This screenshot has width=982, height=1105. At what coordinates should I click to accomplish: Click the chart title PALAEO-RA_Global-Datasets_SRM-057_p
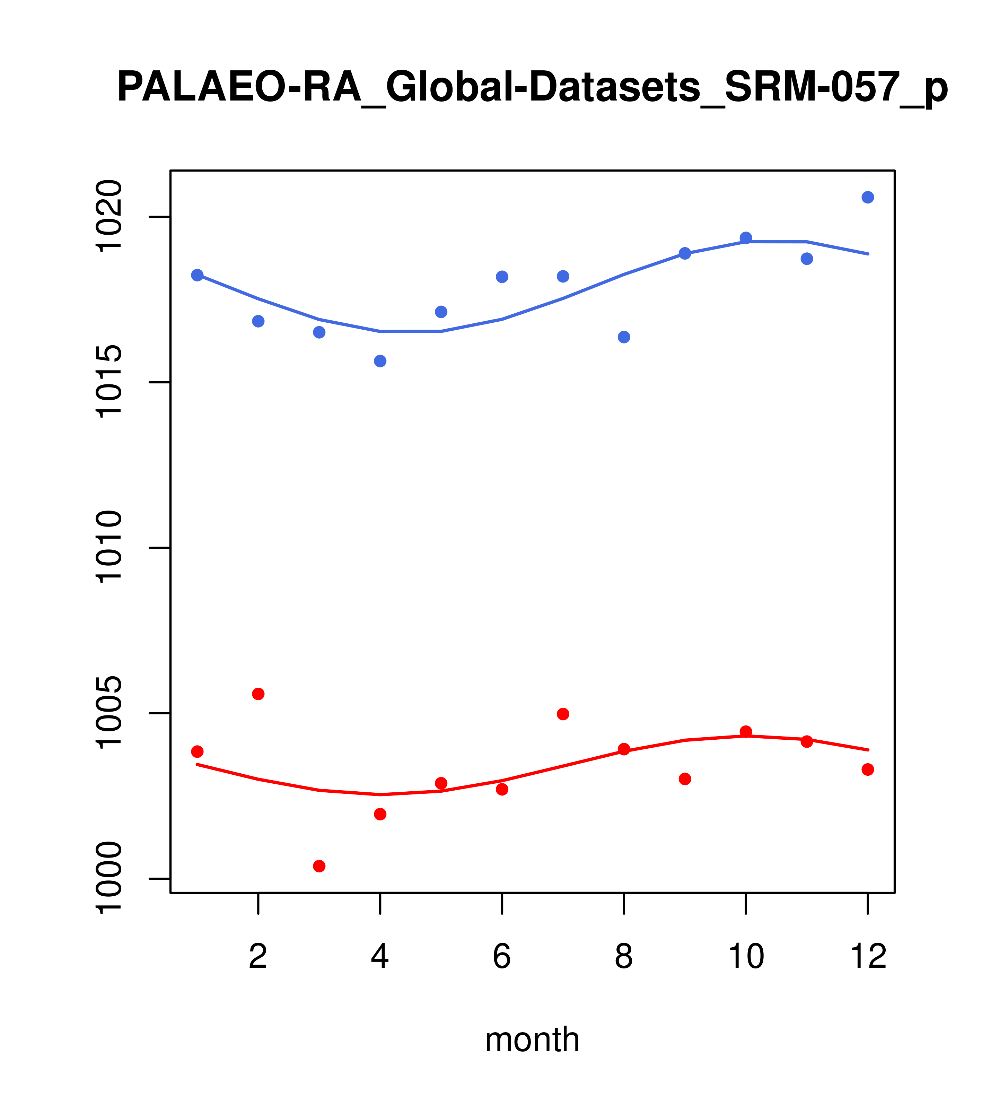click(x=532, y=88)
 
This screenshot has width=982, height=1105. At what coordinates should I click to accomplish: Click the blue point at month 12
click(x=868, y=197)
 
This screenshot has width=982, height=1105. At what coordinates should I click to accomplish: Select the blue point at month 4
click(x=380, y=361)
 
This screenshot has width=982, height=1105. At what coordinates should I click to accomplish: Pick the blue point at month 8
click(x=624, y=337)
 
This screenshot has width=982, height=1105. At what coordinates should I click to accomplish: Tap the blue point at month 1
click(x=197, y=275)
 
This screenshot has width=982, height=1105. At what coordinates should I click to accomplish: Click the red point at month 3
click(x=319, y=866)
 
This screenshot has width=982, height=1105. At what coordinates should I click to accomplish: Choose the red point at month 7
click(x=563, y=714)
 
